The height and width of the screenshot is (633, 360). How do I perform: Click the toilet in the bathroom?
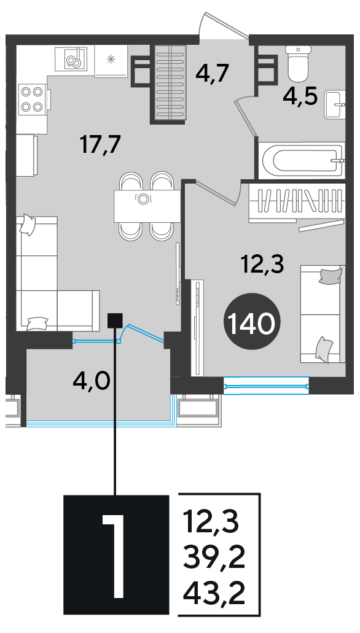(x=299, y=63)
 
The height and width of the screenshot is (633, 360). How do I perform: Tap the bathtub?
(x=302, y=160)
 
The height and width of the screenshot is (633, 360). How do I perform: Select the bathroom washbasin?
(x=335, y=104)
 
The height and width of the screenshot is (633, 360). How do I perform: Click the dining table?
(x=146, y=206)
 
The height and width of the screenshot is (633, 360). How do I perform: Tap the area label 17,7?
(x=101, y=146)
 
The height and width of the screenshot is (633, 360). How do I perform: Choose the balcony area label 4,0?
(x=92, y=380)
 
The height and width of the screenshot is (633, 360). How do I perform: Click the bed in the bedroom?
(x=323, y=314)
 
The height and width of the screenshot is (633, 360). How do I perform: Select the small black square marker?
(x=115, y=321)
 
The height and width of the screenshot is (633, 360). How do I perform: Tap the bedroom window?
(x=266, y=383)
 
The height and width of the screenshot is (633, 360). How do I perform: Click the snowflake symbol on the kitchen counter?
(x=111, y=60)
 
